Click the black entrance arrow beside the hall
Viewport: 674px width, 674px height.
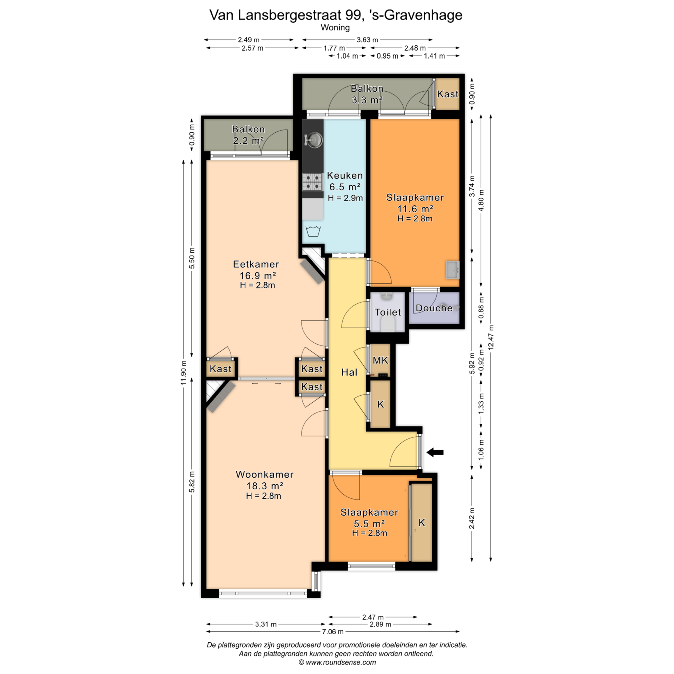(435, 452)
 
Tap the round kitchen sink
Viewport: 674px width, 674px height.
(313, 140)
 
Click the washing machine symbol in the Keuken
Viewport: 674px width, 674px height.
(313, 232)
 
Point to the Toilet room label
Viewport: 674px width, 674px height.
(388, 312)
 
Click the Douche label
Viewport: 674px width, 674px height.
(434, 308)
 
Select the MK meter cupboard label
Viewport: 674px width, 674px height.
(381, 360)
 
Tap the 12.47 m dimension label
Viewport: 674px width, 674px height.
(491, 337)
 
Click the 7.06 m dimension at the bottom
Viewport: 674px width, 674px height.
(333, 632)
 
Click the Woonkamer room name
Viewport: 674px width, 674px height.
(265, 474)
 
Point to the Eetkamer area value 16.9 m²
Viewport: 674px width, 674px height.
(258, 275)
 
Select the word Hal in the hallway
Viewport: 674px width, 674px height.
(349, 372)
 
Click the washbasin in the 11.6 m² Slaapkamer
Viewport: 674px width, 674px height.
(452, 270)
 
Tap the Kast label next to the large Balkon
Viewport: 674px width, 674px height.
(448, 94)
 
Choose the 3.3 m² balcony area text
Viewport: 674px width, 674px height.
(367, 100)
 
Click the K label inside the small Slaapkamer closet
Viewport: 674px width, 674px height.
(422, 523)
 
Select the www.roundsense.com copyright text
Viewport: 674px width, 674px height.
(337, 662)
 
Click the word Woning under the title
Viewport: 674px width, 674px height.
(335, 27)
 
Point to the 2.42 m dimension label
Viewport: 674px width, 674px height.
(472, 518)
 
